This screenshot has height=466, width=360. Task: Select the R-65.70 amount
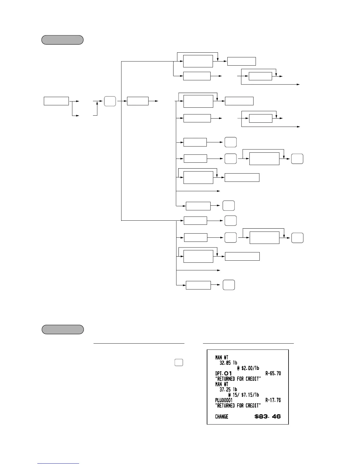(273, 373)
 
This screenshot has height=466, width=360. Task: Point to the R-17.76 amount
(273, 400)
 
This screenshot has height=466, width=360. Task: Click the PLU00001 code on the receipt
(224, 400)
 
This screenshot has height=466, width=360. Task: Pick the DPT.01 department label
(224, 373)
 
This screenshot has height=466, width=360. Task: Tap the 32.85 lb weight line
(228, 363)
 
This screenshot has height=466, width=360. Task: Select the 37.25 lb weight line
(228, 390)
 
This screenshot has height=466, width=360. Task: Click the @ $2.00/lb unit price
(248, 368)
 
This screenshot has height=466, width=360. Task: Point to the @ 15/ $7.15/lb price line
(244, 395)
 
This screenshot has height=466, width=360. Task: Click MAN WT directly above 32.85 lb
(222, 357)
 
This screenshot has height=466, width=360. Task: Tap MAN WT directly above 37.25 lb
(222, 384)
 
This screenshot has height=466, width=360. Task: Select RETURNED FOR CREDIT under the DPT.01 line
(238, 379)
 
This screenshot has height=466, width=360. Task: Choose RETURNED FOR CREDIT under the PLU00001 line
(238, 405)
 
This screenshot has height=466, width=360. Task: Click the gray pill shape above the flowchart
(62, 40)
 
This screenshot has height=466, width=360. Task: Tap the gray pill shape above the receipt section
(63, 329)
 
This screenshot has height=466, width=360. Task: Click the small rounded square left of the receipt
(179, 362)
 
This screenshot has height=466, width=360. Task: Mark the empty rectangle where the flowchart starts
(56, 101)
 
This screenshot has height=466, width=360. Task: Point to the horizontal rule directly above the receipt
(248, 343)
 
